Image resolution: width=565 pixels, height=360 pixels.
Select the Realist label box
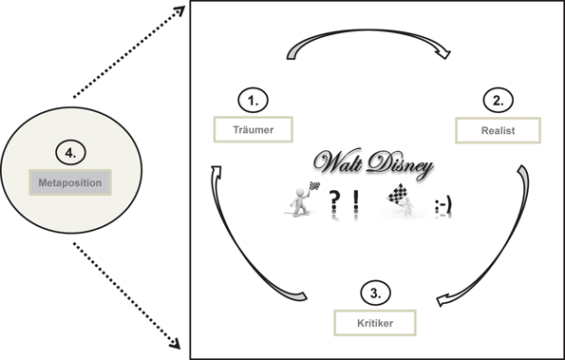(x=499, y=130)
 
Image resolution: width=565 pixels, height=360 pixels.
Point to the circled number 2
(x=498, y=100)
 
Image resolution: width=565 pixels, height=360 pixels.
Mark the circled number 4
(x=70, y=151)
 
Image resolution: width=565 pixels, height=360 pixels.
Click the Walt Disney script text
(x=375, y=164)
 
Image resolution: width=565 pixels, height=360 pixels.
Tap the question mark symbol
(x=334, y=202)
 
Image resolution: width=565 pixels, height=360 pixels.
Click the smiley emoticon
(x=443, y=205)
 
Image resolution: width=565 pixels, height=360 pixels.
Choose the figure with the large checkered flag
(x=400, y=201)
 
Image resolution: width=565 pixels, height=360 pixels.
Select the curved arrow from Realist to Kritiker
(x=504, y=237)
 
